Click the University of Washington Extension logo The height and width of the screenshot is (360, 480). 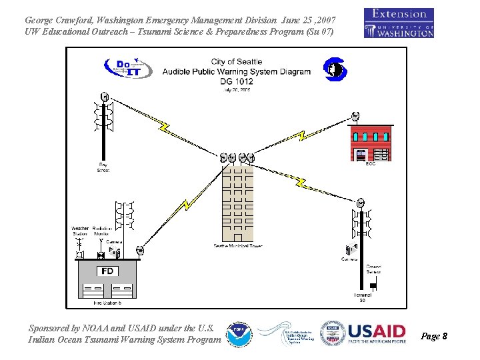(x=399, y=23)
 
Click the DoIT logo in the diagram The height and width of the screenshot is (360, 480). (x=127, y=68)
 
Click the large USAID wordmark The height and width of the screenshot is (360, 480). (x=377, y=331)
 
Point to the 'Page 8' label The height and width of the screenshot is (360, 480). (x=435, y=336)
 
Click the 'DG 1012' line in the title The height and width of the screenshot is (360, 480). (x=237, y=81)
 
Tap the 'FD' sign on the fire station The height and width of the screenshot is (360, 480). (x=107, y=271)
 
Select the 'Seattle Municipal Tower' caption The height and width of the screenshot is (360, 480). (x=238, y=246)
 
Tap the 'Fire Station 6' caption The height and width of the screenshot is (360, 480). (x=107, y=303)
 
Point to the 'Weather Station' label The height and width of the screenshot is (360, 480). (x=80, y=231)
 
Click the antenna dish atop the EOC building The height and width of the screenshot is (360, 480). (x=355, y=117)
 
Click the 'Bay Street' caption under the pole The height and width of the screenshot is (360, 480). (x=103, y=167)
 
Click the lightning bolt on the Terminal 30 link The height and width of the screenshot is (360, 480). (x=301, y=181)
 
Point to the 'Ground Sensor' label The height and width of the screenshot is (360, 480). (x=373, y=269)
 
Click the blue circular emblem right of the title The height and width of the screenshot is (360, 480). (x=333, y=69)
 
